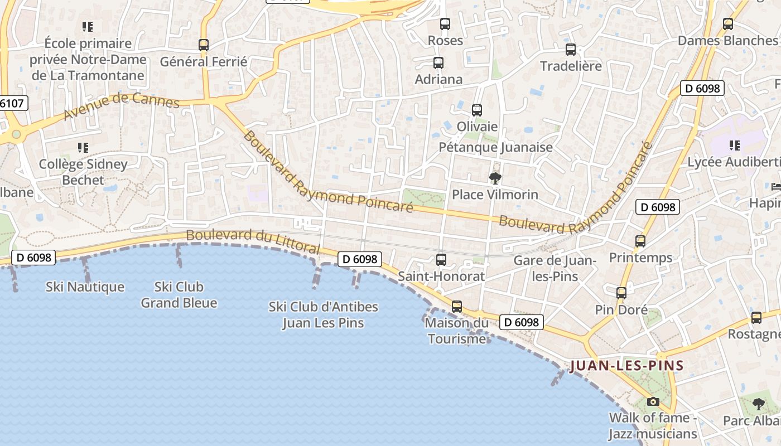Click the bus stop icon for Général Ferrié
204,45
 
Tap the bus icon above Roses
445,24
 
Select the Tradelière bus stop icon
570,50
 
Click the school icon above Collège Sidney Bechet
83,148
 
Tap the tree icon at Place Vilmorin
495,178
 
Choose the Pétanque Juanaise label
495,147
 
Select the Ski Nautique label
85,287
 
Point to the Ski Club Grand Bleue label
179,295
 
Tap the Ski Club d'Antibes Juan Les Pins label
323,314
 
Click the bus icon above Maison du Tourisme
457,306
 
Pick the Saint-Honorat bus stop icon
441,259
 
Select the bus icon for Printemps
640,241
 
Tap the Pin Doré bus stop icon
621,293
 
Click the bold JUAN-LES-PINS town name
626,366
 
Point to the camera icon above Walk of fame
653,401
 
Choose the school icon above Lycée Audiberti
735,146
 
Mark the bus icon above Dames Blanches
727,24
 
